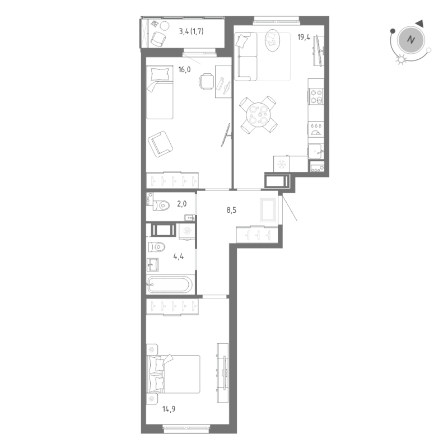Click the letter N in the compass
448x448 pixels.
pos(412,40)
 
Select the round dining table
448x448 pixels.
pos(258,115)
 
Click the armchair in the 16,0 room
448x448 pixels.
pos(161,142)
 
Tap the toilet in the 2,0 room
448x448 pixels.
pos(161,206)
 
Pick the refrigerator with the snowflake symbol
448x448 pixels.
pos(282,164)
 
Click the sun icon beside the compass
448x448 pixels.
pos(400,60)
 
